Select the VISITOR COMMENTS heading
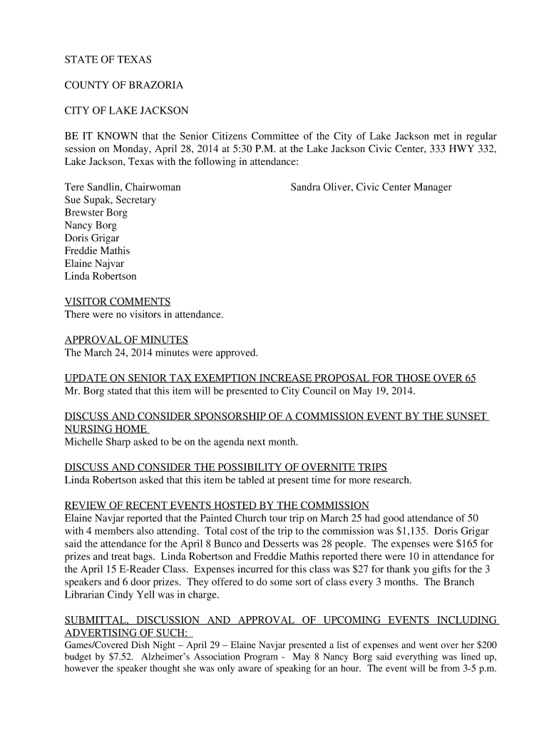[118, 301]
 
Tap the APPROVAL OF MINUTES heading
[126, 340]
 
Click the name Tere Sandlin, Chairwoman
[123, 187]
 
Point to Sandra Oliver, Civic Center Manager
[371, 187]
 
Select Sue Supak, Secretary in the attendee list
[111, 200]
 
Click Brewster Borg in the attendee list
[96, 213]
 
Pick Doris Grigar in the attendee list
[92, 238]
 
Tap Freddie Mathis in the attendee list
[97, 251]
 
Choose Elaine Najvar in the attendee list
[94, 263]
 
